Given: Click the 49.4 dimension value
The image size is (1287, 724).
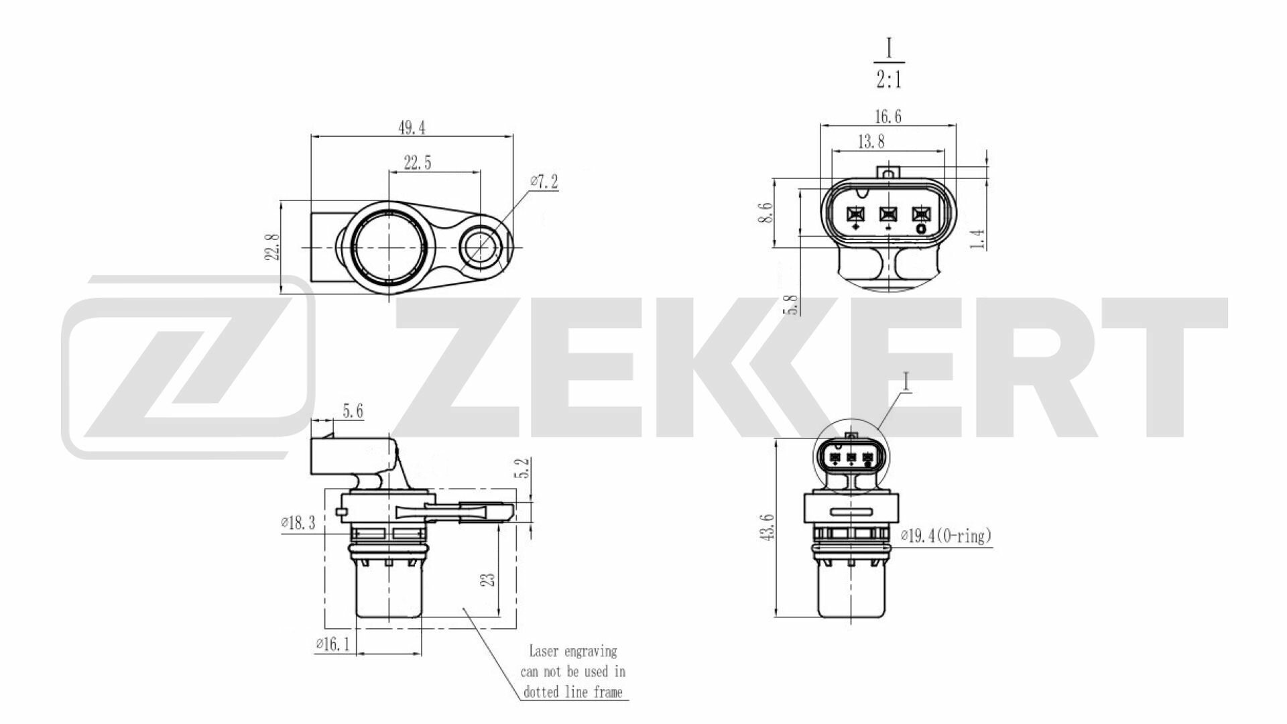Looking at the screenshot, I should [412, 127].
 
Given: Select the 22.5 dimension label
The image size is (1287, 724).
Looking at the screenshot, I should [417, 162].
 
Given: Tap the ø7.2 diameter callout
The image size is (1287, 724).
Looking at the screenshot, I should [543, 182].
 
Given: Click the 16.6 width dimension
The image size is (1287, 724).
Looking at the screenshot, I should [887, 117].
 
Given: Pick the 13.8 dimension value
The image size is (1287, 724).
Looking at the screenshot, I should [871, 141].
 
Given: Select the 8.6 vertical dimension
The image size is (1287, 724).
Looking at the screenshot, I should [768, 213].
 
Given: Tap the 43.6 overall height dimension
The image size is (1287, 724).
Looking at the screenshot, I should [768, 527].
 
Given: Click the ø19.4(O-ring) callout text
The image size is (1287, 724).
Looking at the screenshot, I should [945, 536].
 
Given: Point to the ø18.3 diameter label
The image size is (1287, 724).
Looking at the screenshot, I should [297, 523].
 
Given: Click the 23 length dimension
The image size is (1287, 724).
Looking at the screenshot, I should [490, 578].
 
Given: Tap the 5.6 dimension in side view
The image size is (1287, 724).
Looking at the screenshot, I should [353, 411].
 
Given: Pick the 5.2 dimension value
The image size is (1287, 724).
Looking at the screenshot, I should [525, 467].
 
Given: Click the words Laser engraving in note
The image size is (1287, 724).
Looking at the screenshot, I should [572, 651].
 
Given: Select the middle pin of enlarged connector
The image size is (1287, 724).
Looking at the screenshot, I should [888, 214].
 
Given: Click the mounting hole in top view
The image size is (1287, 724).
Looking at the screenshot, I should [481, 247].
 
